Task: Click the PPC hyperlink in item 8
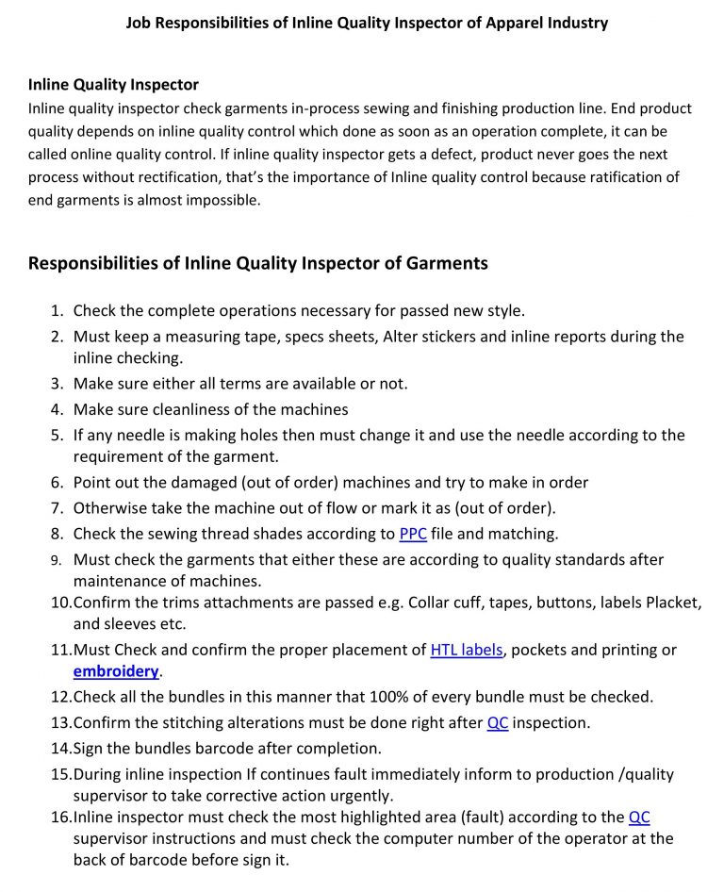(413, 534)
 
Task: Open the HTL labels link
(466, 650)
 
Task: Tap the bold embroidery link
(116, 671)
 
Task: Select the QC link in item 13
(497, 723)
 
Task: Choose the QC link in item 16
(638, 817)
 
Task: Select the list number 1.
(57, 310)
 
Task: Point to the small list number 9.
(57, 560)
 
